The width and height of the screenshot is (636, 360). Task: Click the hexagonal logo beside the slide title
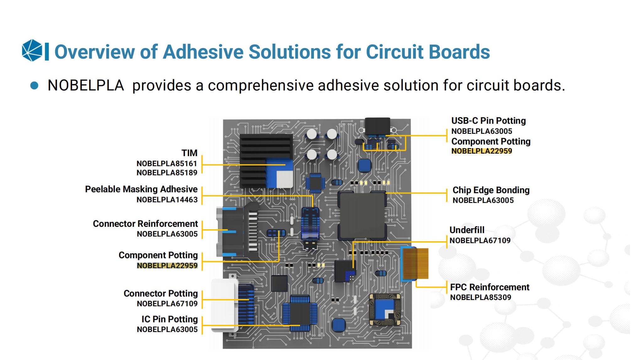pos(32,50)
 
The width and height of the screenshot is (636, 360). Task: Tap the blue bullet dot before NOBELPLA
pos(34,86)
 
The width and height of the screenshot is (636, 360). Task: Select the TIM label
pos(189,153)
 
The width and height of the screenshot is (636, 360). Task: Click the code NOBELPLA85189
pos(167,173)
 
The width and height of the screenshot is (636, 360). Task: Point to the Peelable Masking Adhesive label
pos(141,189)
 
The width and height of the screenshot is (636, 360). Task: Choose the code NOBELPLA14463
pos(167,200)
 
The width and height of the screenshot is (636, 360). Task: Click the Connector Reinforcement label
pos(145,224)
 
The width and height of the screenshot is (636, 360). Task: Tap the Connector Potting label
pos(160,293)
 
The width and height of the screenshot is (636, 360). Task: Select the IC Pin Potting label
pos(170,319)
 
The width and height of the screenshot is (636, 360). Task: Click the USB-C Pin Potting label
pos(488,121)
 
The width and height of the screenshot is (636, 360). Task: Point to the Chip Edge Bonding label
pos(491,190)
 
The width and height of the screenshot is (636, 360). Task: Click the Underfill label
pos(467,230)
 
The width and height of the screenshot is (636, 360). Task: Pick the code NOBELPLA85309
pos(480,297)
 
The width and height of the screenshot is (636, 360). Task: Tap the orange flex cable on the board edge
pos(415,264)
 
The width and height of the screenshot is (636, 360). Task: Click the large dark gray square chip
pos(362,215)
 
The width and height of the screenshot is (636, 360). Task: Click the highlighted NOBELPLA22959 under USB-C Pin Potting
pos(481,151)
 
